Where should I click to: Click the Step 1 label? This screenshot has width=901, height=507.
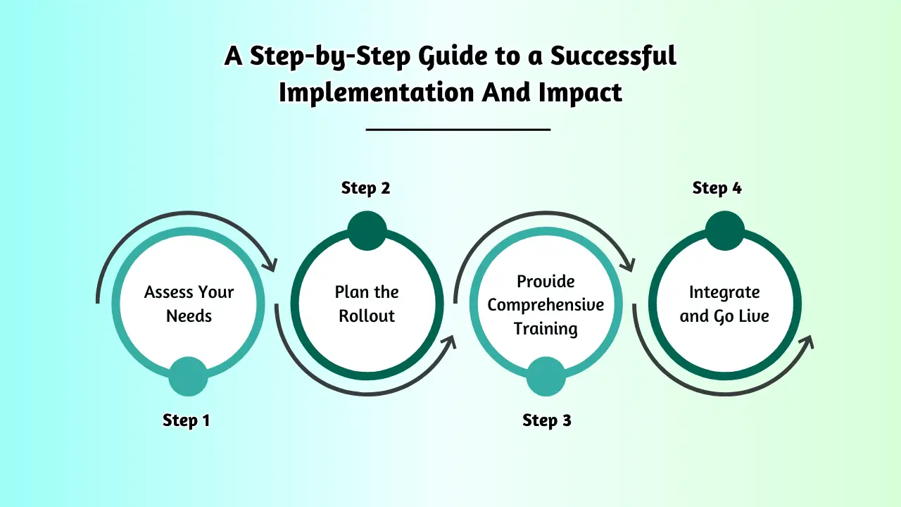point(186,420)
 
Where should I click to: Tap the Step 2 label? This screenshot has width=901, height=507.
point(365,188)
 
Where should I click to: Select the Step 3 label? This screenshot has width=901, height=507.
point(546,420)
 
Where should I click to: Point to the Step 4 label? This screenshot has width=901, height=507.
point(717,188)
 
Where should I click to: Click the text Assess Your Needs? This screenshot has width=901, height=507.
point(189,303)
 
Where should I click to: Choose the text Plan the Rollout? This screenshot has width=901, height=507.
point(367,303)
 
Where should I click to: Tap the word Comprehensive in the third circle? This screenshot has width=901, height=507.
point(546,305)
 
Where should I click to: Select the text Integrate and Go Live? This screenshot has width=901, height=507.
point(724,303)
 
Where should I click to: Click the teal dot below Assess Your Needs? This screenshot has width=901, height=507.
point(188,376)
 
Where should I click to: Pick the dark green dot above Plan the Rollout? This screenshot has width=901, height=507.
point(367,231)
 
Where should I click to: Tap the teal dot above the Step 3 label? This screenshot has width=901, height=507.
point(546,376)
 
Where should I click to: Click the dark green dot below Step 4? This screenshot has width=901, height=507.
point(724,231)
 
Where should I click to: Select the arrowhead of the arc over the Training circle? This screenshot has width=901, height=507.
point(627,265)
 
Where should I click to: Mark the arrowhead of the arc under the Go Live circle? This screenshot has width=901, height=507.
point(807,342)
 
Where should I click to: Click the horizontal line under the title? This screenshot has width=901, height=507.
point(458,130)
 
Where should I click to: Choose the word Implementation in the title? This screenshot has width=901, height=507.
point(377,92)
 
